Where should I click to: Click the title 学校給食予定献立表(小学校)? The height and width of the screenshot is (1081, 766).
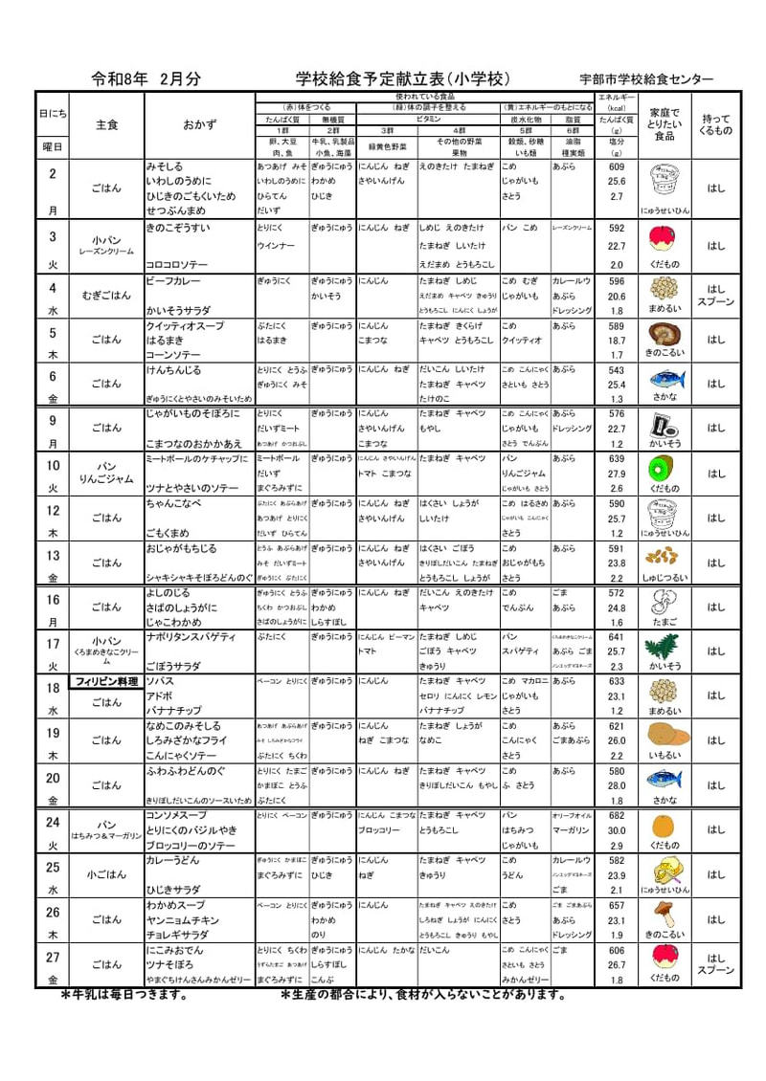pyautogui.click(x=402, y=78)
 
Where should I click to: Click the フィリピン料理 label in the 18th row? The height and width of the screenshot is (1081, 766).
pyautogui.click(x=108, y=682)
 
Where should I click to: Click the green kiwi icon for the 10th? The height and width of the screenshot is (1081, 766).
pyautogui.click(x=663, y=467)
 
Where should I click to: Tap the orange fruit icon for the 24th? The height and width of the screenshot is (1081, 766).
pyautogui.click(x=663, y=826)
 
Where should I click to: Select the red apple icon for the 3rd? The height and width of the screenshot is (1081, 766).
pyautogui.click(x=663, y=237)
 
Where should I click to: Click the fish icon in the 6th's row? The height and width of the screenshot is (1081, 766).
pyautogui.click(x=663, y=378)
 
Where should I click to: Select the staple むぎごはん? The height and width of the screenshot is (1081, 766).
pyautogui.click(x=106, y=296)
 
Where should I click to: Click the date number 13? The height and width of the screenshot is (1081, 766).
pyautogui.click(x=53, y=556)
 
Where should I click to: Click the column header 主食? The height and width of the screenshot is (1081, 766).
pyautogui.click(x=106, y=125)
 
